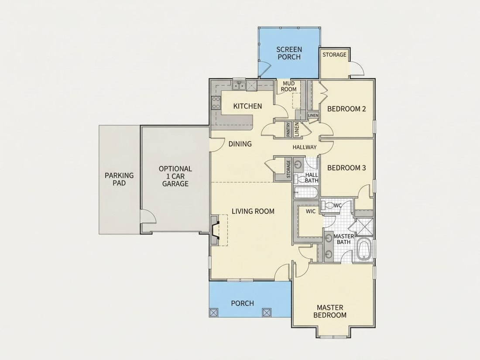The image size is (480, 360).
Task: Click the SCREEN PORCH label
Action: click(x=289, y=53)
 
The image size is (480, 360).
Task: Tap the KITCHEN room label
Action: click(x=248, y=106)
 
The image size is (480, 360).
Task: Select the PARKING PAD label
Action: click(x=119, y=179)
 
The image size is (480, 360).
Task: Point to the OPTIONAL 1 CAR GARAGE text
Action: click(x=175, y=176)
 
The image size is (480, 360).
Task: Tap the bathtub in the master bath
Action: click(x=364, y=250)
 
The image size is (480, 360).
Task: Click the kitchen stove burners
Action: click(x=216, y=103)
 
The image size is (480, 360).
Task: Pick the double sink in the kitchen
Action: click(x=239, y=86)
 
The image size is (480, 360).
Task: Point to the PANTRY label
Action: click(x=288, y=130)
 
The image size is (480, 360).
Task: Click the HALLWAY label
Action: click(x=304, y=147)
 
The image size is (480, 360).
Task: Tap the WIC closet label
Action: click(x=311, y=211)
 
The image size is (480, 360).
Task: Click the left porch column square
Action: click(x=213, y=312)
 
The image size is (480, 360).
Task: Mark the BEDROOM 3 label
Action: click(x=346, y=168)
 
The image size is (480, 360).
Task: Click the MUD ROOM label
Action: click(x=289, y=86)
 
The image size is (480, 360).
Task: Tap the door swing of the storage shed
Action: click(x=357, y=68)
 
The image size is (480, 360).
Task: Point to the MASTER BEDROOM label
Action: click(x=330, y=311)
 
